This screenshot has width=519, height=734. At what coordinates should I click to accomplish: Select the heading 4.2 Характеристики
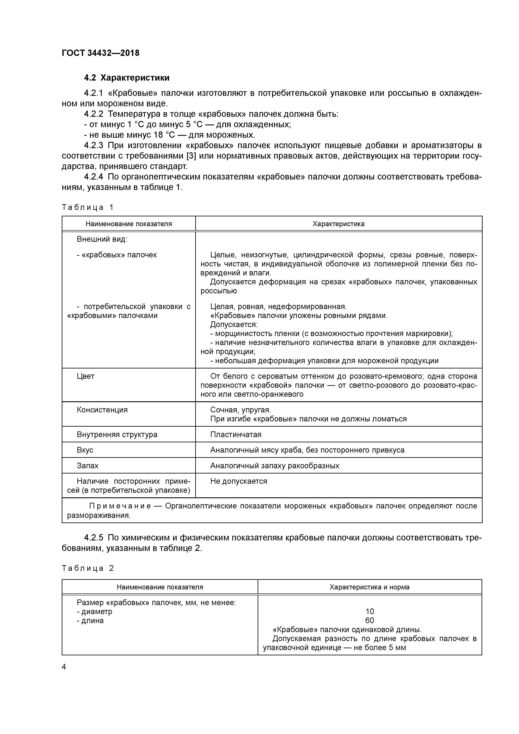[127, 78]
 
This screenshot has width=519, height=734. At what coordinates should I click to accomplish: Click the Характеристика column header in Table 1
[338, 224]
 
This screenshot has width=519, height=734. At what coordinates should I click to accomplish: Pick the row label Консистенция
[102, 410]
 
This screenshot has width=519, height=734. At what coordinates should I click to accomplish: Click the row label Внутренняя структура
[117, 434]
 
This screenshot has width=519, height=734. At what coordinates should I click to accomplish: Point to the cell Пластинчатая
[236, 434]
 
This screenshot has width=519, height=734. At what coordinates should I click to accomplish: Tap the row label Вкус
[85, 450]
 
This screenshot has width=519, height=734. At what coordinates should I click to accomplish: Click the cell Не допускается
[239, 481]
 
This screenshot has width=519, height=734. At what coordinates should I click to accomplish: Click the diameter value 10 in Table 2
[369, 612]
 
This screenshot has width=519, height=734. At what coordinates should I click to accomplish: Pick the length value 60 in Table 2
[369, 621]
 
